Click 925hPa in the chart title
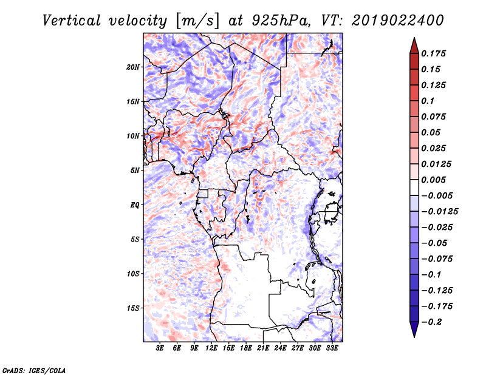[275, 20]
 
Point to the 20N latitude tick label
[133, 67]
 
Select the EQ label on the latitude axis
[135, 204]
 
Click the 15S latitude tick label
[133, 308]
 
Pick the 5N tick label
[135, 171]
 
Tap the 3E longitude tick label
[160, 348]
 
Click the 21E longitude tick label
[264, 348]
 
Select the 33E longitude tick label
[332, 348]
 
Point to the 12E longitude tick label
[212, 348]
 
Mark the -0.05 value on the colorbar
[436, 243]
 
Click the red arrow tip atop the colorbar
[413, 43]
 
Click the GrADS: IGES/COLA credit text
[34, 370]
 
